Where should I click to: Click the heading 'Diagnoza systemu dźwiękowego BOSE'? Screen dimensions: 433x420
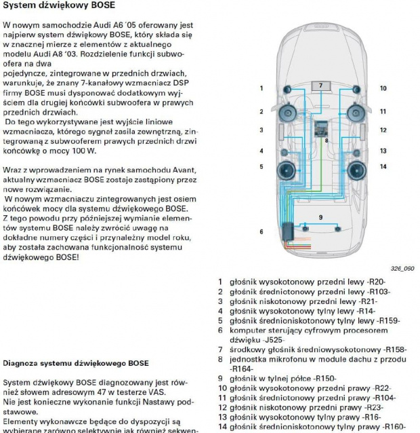click(77, 364)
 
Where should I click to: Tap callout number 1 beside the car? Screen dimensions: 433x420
click(261, 88)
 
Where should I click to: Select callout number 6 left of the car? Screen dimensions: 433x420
click(261, 231)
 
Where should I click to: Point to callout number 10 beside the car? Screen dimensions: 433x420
click(383, 88)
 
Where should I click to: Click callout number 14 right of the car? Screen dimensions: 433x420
click(383, 166)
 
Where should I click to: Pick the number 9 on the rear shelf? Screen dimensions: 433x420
click(320, 217)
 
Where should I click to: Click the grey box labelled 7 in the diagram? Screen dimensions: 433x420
click(321, 86)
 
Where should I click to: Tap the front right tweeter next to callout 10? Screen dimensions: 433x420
click(356, 88)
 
